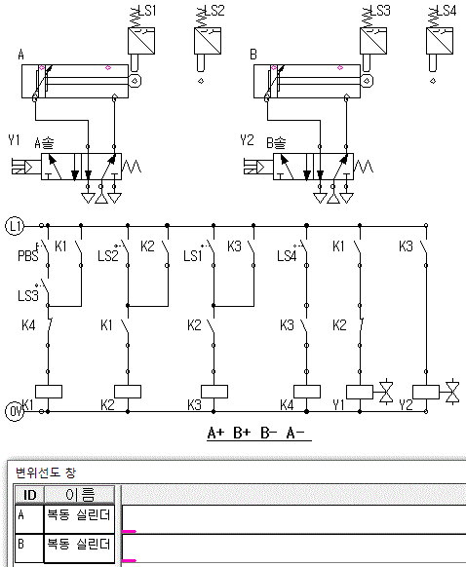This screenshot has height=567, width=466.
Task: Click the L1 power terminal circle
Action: pyautogui.click(x=15, y=226)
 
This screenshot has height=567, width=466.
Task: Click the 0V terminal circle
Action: pyautogui.click(x=15, y=411)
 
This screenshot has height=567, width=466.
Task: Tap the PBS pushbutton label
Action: pyautogui.click(x=28, y=255)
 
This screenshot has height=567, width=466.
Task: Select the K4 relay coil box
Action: pyautogui.click(x=307, y=392)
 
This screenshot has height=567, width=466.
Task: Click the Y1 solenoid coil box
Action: pyautogui.click(x=360, y=392)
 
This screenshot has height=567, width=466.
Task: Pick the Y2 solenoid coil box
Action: pyautogui.click(x=426, y=392)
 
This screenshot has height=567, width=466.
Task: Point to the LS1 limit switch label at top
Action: pyautogui.click(x=147, y=11)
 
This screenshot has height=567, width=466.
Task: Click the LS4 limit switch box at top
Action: pyautogui.click(x=440, y=41)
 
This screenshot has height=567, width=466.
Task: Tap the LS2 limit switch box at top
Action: pyautogui.click(x=208, y=41)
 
